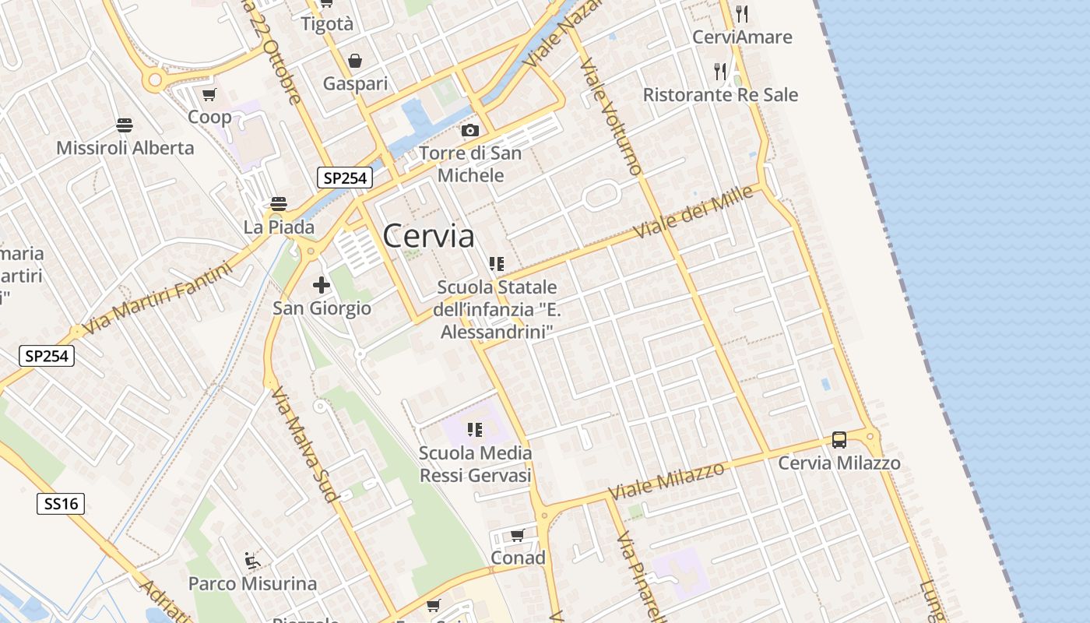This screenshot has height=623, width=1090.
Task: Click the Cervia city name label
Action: (428, 235)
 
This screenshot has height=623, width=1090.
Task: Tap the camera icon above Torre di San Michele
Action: (469, 130)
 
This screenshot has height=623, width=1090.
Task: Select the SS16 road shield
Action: (61, 504)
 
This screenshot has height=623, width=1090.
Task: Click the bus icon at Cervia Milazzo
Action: (839, 439)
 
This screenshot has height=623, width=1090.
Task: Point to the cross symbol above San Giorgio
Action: (321, 285)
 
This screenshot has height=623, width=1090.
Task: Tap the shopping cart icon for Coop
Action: (209, 95)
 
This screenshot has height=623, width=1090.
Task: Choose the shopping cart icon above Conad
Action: (517, 535)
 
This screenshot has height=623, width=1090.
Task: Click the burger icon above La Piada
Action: (279, 204)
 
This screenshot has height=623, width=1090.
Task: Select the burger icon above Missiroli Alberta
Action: (124, 125)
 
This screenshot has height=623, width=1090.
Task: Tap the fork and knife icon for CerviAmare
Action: (741, 13)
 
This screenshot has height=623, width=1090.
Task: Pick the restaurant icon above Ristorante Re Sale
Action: (720, 72)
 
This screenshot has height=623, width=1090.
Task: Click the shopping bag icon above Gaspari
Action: (355, 61)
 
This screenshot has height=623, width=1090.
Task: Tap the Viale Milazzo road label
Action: (666, 480)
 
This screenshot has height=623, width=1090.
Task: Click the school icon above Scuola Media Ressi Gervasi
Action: (475, 429)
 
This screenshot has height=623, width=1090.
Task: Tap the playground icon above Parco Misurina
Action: (252, 560)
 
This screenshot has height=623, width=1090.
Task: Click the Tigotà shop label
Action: (327, 24)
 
